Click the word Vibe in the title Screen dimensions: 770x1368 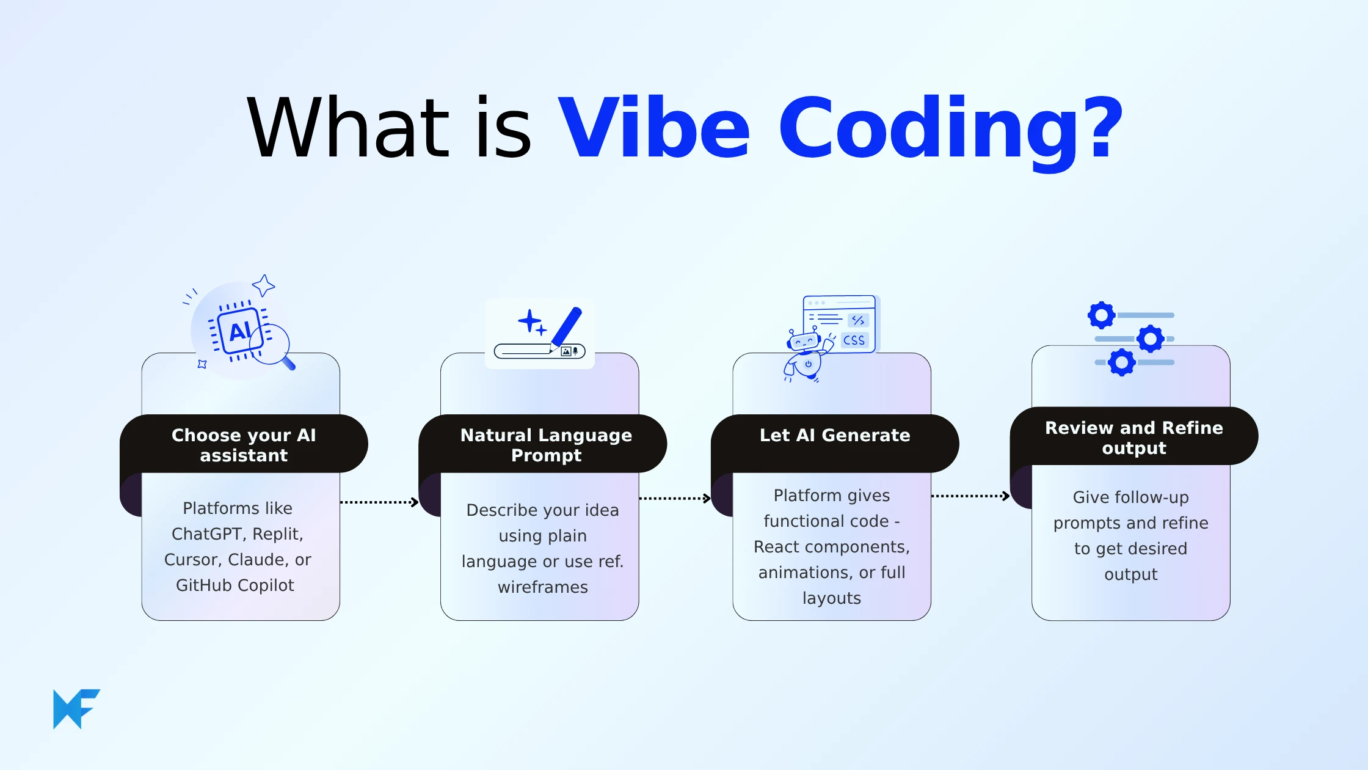(653, 128)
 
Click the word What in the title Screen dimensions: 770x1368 (348, 128)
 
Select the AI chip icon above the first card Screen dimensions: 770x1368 (239, 331)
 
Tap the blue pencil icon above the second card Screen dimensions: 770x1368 (566, 327)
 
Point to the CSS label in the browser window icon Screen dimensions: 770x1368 (854, 340)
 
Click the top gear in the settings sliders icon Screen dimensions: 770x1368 (1101, 315)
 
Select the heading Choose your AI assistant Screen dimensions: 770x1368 (244, 445)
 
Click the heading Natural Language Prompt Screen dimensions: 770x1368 (546, 445)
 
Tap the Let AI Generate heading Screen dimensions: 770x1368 (834, 435)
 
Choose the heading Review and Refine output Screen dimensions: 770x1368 (1133, 438)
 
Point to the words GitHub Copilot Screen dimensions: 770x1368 (235, 585)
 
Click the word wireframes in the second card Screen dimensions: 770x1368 (542, 587)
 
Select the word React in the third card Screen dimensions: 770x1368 (780, 547)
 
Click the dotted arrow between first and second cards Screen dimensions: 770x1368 (379, 502)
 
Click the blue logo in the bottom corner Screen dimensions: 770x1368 (76, 709)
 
